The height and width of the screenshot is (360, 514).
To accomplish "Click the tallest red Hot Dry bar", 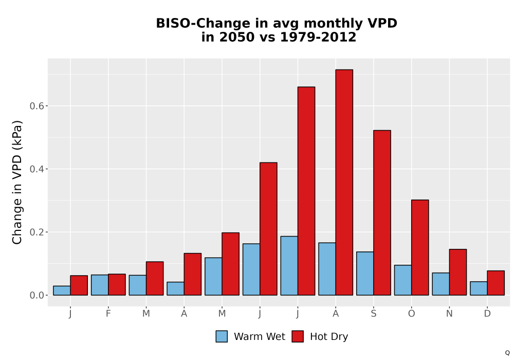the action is [344, 182].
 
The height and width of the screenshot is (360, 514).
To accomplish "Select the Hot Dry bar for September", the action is [382, 213].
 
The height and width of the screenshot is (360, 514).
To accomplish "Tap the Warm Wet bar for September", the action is [365, 274].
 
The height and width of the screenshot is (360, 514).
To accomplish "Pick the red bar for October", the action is [420, 247].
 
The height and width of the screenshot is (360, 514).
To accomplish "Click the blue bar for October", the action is [403, 280].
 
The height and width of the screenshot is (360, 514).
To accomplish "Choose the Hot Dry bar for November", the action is [458, 272].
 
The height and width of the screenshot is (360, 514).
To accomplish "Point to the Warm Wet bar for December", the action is [479, 288].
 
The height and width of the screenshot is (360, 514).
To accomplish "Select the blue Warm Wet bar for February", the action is [100, 285].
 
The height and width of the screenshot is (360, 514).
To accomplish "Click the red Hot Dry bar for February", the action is [117, 284].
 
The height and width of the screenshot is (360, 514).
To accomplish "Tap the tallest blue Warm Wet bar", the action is [289, 265].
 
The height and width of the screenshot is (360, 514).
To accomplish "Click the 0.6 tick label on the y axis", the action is [36, 106].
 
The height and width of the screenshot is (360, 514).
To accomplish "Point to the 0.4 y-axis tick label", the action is [36, 169].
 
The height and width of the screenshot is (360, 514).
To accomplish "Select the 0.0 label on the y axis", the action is [36, 295].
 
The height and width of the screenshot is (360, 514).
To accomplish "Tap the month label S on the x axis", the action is [373, 314].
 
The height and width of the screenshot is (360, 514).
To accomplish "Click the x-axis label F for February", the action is [108, 314].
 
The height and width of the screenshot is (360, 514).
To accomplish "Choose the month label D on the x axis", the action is [487, 314].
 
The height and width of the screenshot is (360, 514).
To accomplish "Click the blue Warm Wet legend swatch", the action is [222, 336].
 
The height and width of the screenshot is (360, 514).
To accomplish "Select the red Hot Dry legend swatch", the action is [298, 336].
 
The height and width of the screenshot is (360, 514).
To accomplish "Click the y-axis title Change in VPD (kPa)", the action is [17, 182].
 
